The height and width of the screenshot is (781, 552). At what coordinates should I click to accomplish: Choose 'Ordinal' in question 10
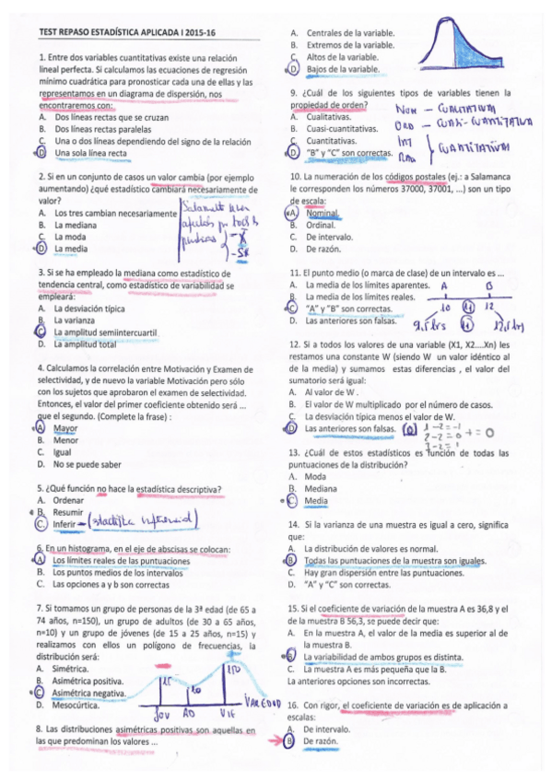320,225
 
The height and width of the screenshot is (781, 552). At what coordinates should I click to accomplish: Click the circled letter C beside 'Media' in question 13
291,501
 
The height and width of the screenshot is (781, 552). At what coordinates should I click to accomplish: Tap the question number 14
294,524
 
